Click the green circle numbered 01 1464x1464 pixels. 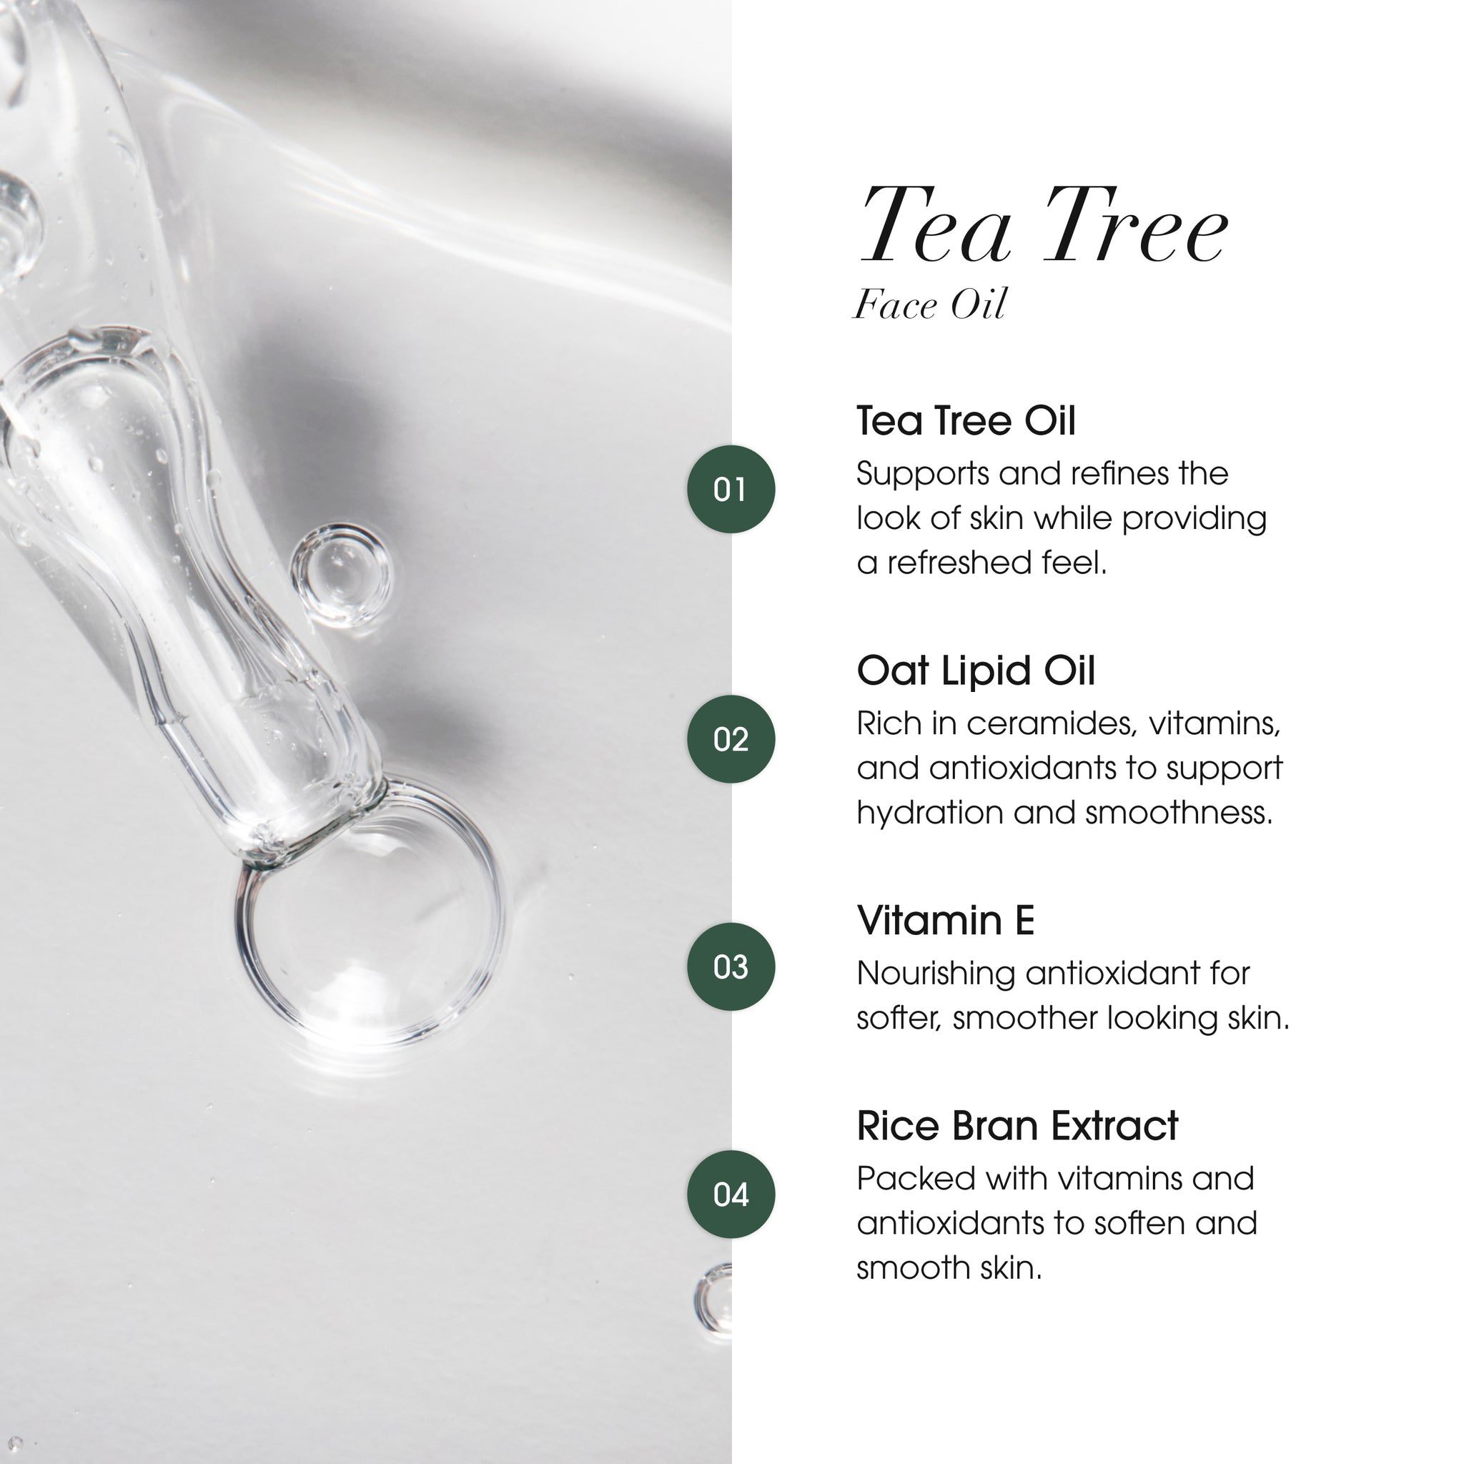tap(731, 490)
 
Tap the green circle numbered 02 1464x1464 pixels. tap(731, 739)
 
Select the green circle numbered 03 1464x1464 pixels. tap(731, 967)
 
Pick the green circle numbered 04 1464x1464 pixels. tap(731, 1195)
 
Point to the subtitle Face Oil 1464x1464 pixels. tap(930, 305)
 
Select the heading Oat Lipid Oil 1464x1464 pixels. tap(975, 671)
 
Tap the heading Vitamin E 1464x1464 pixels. tap(945, 921)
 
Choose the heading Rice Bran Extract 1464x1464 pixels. tap(1017, 1126)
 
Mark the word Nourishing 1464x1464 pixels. tap(935, 974)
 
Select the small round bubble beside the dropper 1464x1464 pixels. tap(340, 575)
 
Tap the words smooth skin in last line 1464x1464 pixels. tap(949, 1267)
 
